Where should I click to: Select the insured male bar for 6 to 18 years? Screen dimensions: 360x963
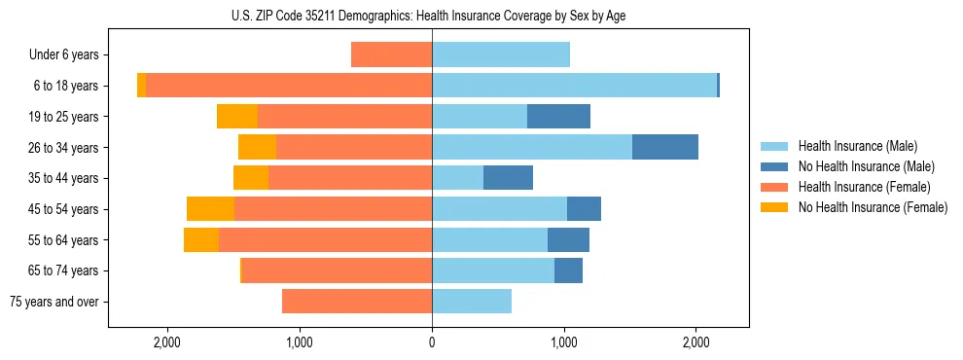tap(574, 86)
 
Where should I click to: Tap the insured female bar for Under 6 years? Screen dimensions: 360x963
tap(391, 54)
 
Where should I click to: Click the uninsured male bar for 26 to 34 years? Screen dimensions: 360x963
tap(664, 147)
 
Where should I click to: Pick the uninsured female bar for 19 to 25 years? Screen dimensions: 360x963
tap(236, 117)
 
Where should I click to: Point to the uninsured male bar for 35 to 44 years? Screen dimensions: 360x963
tap(508, 178)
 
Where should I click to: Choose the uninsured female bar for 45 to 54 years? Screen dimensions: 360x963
tap(210, 209)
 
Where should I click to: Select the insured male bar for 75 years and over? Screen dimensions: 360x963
tap(472, 302)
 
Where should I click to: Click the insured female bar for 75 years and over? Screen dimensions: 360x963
tap(357, 302)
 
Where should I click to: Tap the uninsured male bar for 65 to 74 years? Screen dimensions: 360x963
tap(568, 270)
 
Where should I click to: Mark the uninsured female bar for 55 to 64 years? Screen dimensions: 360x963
tap(201, 239)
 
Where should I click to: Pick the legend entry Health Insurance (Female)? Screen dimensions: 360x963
tap(864, 187)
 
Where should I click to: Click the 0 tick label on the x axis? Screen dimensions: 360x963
tap(432, 342)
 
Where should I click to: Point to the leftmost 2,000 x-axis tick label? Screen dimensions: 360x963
tap(167, 342)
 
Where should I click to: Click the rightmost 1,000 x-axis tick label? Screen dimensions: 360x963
tap(564, 342)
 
